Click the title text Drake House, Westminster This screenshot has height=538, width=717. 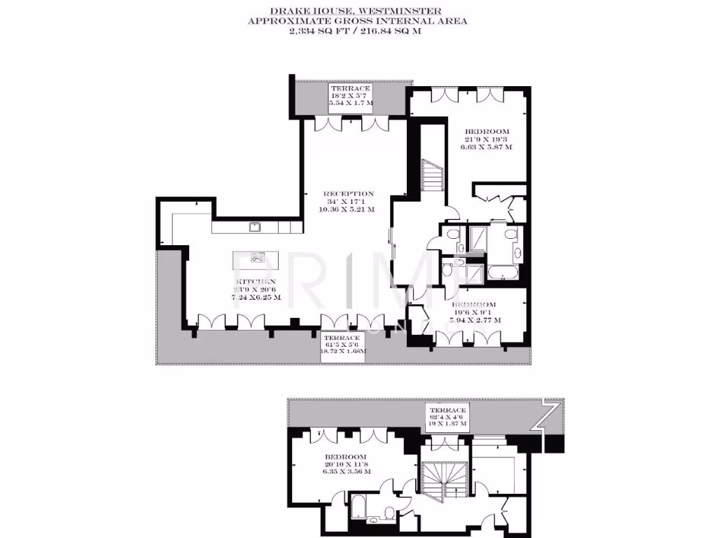[356, 11]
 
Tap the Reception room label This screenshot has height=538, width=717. [348, 193]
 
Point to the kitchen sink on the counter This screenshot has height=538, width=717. [256, 226]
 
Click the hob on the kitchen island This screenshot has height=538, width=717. [257, 258]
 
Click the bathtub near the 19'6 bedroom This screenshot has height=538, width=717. [502, 273]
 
